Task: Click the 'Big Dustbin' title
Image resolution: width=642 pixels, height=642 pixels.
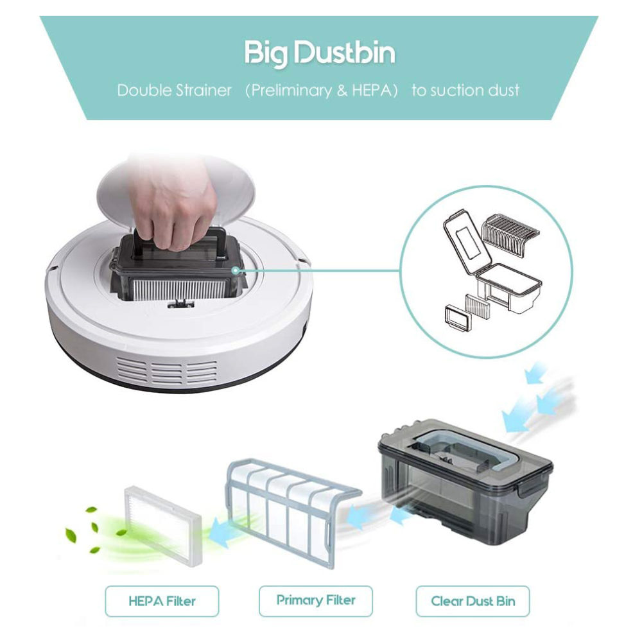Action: pyautogui.click(x=320, y=53)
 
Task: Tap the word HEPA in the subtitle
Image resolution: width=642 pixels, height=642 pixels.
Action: pyautogui.click(x=372, y=90)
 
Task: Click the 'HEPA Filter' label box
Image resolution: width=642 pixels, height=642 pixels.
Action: pyautogui.click(x=162, y=601)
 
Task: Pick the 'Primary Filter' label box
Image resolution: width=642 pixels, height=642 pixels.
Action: pyautogui.click(x=316, y=601)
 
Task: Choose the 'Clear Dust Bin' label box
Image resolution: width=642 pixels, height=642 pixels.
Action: pyautogui.click(x=473, y=601)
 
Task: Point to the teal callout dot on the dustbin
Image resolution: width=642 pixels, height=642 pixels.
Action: pyautogui.click(x=235, y=270)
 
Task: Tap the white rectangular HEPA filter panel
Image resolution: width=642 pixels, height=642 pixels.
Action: pyautogui.click(x=163, y=525)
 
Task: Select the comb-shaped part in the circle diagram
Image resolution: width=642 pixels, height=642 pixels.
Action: pyautogui.click(x=506, y=236)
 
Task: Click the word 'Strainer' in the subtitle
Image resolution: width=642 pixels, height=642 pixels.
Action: pyautogui.click(x=204, y=90)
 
